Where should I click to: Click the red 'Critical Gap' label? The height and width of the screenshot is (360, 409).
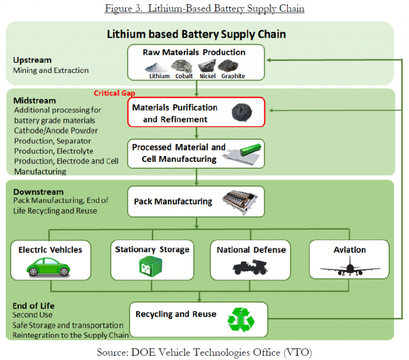114,93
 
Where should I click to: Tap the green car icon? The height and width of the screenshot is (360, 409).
48,267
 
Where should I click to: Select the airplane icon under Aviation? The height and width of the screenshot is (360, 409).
350,266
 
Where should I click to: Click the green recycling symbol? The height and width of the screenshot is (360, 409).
241,320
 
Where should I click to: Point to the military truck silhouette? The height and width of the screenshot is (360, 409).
250,267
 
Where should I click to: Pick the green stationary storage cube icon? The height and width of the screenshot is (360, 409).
151,266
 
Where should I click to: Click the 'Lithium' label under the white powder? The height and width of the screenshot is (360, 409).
159,76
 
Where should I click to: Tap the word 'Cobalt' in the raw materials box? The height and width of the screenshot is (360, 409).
184,76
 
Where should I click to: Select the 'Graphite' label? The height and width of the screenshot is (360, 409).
233,76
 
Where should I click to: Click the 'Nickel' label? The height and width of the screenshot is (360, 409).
208,76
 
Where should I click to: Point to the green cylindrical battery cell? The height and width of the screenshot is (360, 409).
250,150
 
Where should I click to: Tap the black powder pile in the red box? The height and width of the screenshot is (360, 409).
242,112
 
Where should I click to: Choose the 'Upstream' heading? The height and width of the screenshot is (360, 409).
32,60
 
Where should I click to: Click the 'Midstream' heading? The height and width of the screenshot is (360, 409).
35,101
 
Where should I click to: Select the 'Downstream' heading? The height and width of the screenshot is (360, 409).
38,192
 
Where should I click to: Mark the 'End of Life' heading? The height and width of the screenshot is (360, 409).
34,306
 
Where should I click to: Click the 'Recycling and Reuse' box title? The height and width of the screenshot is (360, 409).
176,314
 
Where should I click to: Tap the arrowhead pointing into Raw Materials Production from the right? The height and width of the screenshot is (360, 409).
269,60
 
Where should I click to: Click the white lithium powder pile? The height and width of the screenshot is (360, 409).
156,68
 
